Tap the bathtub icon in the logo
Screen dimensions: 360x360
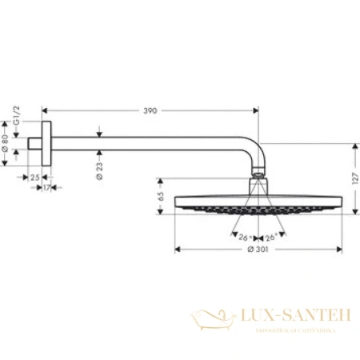pos(214,321)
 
